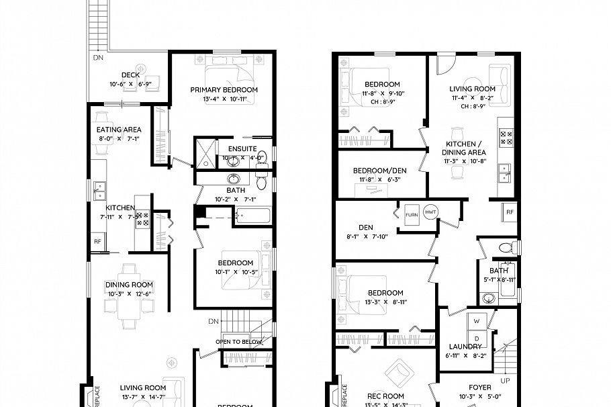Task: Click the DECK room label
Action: click(x=130, y=75)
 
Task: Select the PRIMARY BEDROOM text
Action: click(x=224, y=90)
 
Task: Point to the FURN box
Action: click(x=411, y=215)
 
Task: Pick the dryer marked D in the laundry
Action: click(x=477, y=338)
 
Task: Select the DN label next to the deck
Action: click(x=98, y=58)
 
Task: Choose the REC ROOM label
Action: click(x=385, y=397)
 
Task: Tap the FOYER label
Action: click(x=479, y=388)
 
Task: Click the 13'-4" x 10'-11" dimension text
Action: click(x=224, y=99)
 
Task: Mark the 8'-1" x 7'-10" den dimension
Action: click(x=365, y=236)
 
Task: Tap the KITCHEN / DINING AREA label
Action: click(x=463, y=148)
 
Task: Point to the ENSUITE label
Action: click(x=242, y=148)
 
